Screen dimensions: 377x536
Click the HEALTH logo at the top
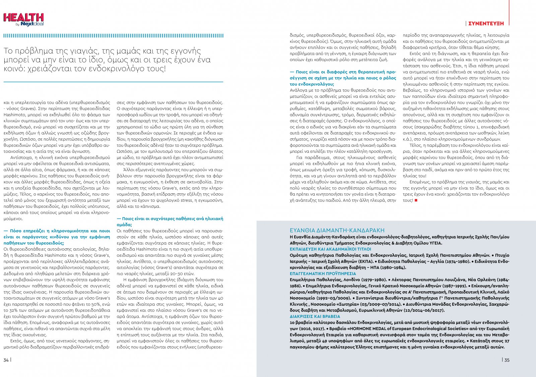click(x=23, y=17)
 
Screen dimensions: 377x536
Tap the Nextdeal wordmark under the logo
click(x=32, y=24)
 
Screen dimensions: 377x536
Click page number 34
click(x=6, y=360)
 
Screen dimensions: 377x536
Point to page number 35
click(x=507, y=360)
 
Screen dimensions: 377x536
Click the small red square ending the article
click(x=416, y=200)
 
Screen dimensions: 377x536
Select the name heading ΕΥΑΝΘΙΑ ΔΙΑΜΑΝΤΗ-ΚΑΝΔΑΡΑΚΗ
click(x=337, y=230)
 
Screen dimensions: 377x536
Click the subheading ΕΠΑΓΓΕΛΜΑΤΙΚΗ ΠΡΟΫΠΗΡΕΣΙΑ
click(x=323, y=273)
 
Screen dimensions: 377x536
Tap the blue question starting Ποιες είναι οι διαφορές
click(x=343, y=78)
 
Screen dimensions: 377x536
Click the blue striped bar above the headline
click(x=113, y=36)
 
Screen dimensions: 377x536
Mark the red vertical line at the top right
click(x=509, y=12)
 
